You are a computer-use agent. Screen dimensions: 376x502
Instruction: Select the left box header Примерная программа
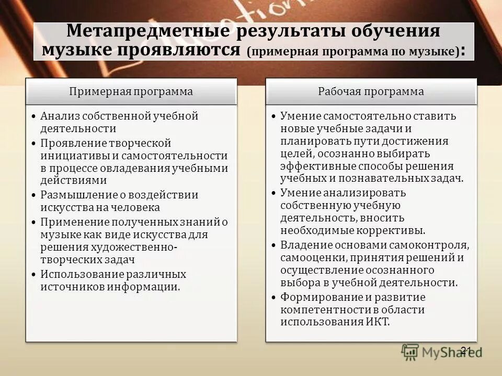(131, 91)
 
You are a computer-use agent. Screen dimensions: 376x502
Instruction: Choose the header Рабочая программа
(371, 91)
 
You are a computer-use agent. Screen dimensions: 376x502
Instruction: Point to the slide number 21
(467, 350)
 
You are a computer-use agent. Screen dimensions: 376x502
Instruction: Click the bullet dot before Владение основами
(275, 245)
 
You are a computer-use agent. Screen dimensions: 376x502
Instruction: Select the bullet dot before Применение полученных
(35, 222)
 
